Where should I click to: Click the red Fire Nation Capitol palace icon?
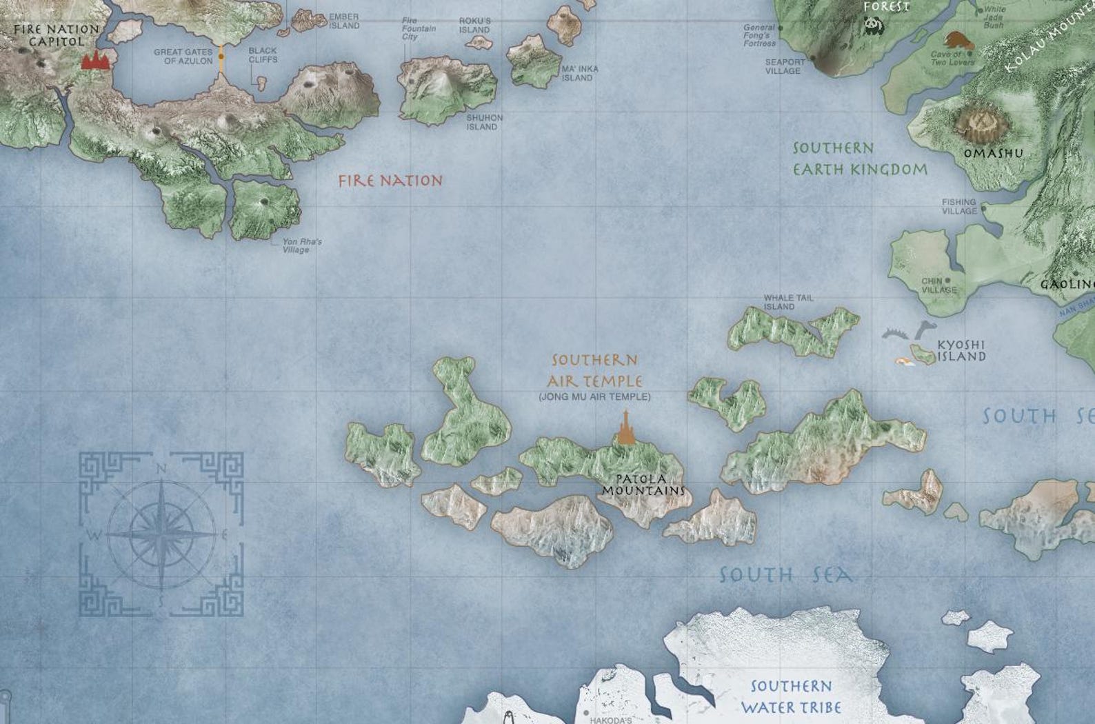(96, 60)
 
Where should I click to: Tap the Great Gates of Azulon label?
(183, 57)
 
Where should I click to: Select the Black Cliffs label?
(263, 55)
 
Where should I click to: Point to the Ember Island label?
(344, 21)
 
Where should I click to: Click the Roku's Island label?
(474, 26)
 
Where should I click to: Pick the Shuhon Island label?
(484, 123)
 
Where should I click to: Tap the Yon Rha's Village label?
(301, 246)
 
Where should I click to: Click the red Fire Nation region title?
(390, 181)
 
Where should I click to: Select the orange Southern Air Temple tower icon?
(625, 428)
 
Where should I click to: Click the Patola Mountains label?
(643, 485)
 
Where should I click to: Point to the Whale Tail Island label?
(788, 302)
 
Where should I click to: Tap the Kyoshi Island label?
(961, 351)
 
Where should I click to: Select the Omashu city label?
(993, 153)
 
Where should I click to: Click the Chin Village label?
(938, 285)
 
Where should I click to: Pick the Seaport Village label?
(785, 66)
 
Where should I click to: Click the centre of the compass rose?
(161, 534)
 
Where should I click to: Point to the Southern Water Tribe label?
(791, 697)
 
